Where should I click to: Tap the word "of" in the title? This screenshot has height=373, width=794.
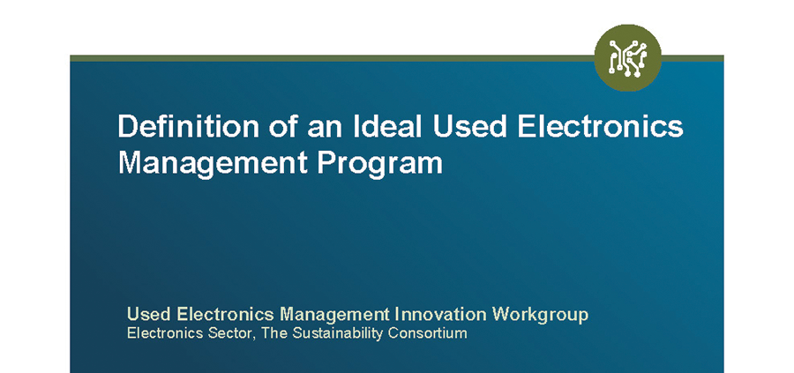(283, 126)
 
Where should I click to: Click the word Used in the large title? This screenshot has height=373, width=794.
(469, 126)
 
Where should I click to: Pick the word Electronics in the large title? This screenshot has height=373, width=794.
(601, 126)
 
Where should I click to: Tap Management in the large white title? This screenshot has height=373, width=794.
(213, 163)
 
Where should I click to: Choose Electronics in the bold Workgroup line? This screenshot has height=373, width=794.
(226, 314)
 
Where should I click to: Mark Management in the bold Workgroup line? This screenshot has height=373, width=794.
(334, 316)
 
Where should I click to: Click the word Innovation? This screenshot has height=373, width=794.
(440, 314)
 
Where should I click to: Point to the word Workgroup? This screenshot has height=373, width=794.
(540, 316)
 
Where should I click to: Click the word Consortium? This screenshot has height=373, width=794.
(429, 333)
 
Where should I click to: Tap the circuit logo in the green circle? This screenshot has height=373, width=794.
(628, 57)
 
